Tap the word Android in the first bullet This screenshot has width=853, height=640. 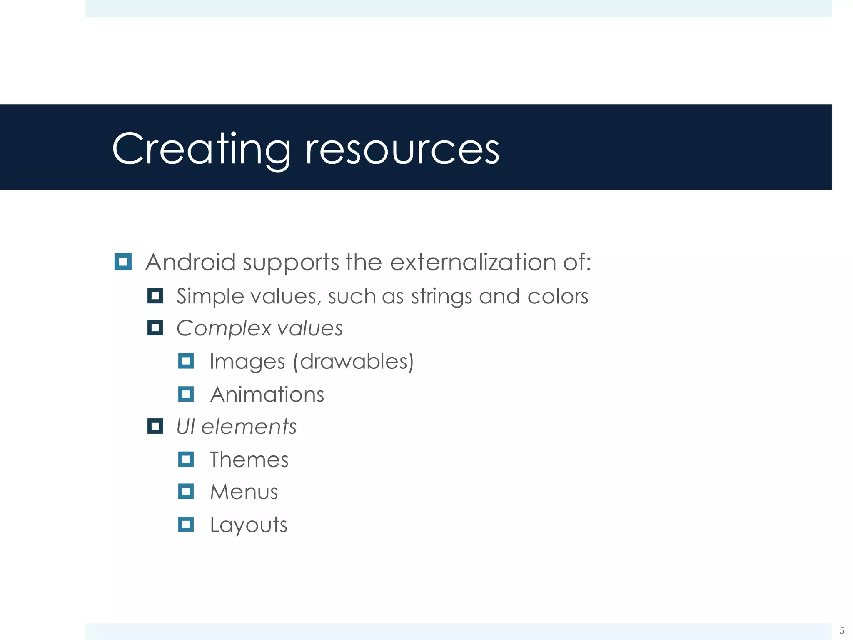click(190, 262)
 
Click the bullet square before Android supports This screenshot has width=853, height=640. click(123, 262)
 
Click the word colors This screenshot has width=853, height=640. click(557, 296)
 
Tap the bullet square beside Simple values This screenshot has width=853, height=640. click(155, 296)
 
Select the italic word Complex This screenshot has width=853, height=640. click(223, 328)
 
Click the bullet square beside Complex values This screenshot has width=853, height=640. click(155, 328)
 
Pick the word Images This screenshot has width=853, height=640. click(247, 361)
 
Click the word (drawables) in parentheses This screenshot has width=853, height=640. click(354, 361)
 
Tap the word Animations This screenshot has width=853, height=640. click(267, 394)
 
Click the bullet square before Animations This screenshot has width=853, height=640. click(186, 394)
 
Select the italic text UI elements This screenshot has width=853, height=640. click(236, 427)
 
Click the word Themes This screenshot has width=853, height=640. click(249, 460)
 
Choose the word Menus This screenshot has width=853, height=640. click(244, 492)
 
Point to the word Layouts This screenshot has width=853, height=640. click(248, 525)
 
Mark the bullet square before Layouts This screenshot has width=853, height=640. click(186, 524)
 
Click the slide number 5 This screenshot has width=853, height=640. click(841, 630)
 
